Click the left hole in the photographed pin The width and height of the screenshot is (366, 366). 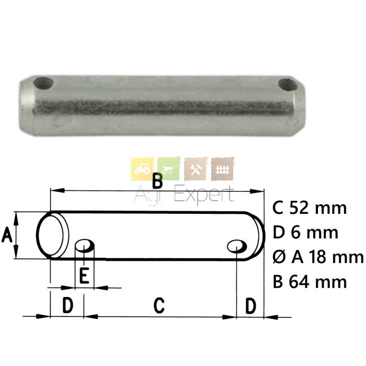43,83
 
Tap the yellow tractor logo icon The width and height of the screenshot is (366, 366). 143,169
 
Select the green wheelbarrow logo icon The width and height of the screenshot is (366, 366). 169,169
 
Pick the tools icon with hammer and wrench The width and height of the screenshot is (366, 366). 196,169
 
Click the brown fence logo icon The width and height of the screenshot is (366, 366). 222,169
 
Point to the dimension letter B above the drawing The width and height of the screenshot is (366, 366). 157,181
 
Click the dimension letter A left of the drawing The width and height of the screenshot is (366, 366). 6,235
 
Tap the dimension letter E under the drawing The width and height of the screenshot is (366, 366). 84,276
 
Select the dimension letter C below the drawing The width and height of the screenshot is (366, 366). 159,305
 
